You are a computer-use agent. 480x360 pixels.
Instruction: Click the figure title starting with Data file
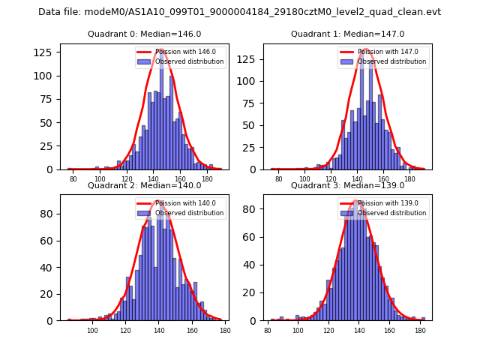pyautogui.click(x=239, y=12)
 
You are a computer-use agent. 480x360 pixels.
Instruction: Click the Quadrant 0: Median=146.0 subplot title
pyautogui.click(x=144, y=34)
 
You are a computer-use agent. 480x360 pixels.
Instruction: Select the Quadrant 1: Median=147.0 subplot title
pyautogui.click(x=347, y=34)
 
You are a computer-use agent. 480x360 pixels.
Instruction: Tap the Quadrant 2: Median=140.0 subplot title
pyautogui.click(x=144, y=185)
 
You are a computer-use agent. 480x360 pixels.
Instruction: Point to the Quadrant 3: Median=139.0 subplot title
pyautogui.click(x=347, y=185)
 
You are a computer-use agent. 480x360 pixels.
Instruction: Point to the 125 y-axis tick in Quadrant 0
pyautogui.click(x=45, y=52)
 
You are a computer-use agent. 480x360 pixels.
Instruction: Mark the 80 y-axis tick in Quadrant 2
pyautogui.click(x=48, y=214)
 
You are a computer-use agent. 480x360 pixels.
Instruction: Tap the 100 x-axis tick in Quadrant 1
pyautogui.click(x=304, y=178)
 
